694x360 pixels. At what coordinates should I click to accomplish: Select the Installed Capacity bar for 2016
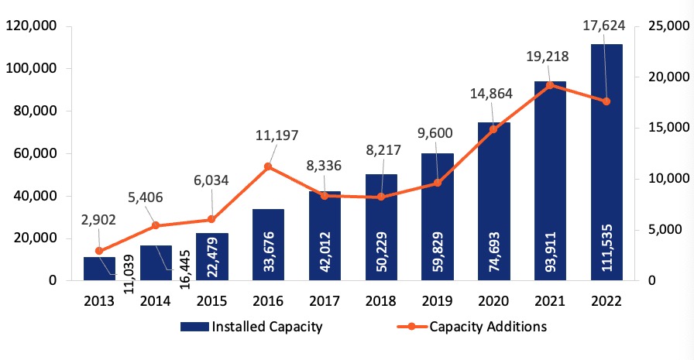click(268, 244)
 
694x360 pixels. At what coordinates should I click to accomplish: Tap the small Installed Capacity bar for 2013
click(98, 268)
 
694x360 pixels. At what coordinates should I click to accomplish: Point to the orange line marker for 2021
click(550, 85)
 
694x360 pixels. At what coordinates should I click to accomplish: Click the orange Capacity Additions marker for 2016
click(268, 166)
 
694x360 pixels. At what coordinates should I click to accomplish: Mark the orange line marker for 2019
click(437, 183)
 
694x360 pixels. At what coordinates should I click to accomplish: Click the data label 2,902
click(98, 221)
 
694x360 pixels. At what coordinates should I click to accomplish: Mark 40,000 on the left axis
click(35, 196)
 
